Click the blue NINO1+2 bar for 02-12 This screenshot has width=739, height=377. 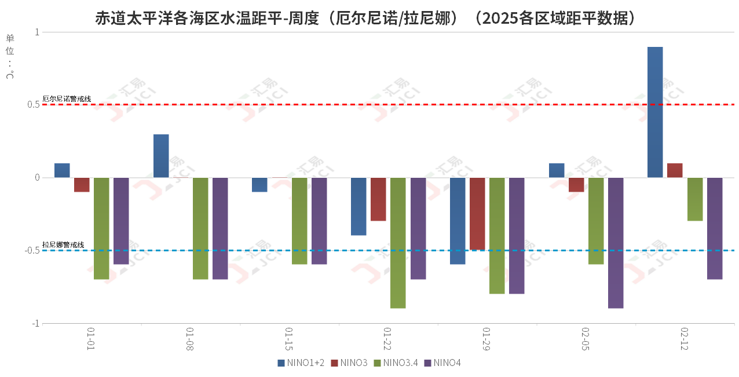[x=655, y=112]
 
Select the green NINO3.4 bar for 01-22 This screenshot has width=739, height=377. [x=398, y=243]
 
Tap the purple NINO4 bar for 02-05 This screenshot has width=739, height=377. [x=616, y=243]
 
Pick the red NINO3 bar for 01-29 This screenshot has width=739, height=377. [x=477, y=214]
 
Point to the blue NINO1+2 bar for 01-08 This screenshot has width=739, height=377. [x=161, y=156]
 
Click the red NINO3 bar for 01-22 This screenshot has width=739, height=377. [x=378, y=199]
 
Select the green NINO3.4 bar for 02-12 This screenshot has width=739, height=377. [x=695, y=199]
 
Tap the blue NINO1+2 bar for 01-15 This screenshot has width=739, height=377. [x=259, y=185]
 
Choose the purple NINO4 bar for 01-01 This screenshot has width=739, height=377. [x=121, y=221]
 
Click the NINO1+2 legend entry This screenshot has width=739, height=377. [x=301, y=363]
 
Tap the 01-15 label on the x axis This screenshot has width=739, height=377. [x=289, y=339]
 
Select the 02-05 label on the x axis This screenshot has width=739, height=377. [x=586, y=339]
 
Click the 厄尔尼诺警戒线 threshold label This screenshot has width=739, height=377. [x=67, y=99]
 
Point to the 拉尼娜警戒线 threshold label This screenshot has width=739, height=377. [x=64, y=245]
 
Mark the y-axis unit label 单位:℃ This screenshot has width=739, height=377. [x=10, y=57]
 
